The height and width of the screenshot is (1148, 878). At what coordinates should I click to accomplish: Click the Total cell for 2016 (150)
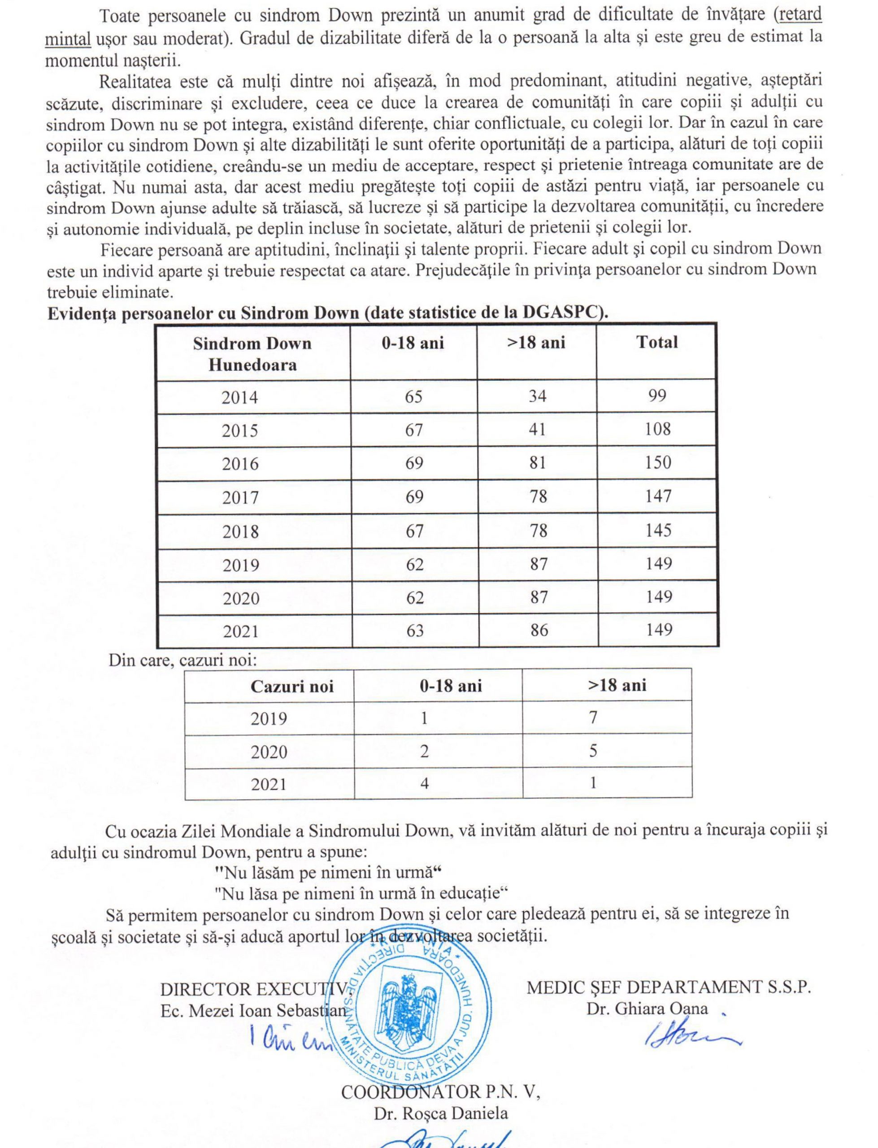657,462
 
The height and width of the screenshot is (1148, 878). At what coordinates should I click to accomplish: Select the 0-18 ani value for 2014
413,396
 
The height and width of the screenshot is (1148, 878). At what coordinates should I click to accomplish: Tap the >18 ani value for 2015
537,430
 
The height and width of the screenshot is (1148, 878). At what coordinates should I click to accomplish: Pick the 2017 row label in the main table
240,497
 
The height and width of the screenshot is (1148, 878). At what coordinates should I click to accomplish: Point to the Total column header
657,342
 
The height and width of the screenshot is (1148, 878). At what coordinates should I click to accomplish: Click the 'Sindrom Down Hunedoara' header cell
252,354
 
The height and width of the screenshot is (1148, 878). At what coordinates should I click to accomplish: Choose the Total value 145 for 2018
658,531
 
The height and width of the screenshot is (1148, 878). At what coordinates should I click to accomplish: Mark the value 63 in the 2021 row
414,631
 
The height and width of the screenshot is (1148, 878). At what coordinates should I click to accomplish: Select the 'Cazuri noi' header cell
291,686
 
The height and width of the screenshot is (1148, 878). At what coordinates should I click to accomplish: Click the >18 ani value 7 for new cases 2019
593,717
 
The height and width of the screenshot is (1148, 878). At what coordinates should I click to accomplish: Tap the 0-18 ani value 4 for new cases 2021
424,783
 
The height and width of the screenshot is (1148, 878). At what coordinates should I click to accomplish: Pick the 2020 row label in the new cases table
269,752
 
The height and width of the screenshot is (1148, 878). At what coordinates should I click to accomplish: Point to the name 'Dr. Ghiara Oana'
647,1009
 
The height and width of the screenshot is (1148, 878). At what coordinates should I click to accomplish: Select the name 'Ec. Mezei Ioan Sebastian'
253,1011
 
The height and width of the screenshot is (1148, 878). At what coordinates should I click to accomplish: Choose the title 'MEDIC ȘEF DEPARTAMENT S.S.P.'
669,987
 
